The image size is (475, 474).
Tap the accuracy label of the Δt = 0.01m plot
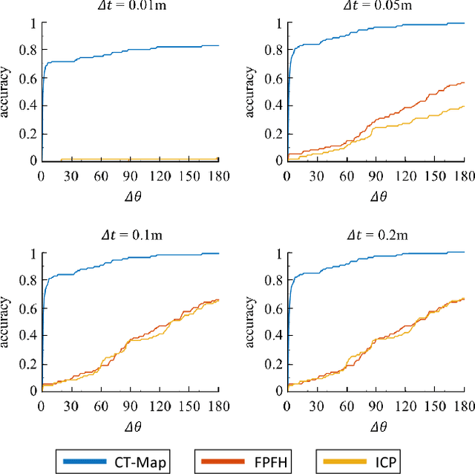click(7, 91)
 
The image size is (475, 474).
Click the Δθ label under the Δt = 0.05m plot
click(376, 196)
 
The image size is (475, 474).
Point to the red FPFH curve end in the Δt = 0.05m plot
click(463, 82)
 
